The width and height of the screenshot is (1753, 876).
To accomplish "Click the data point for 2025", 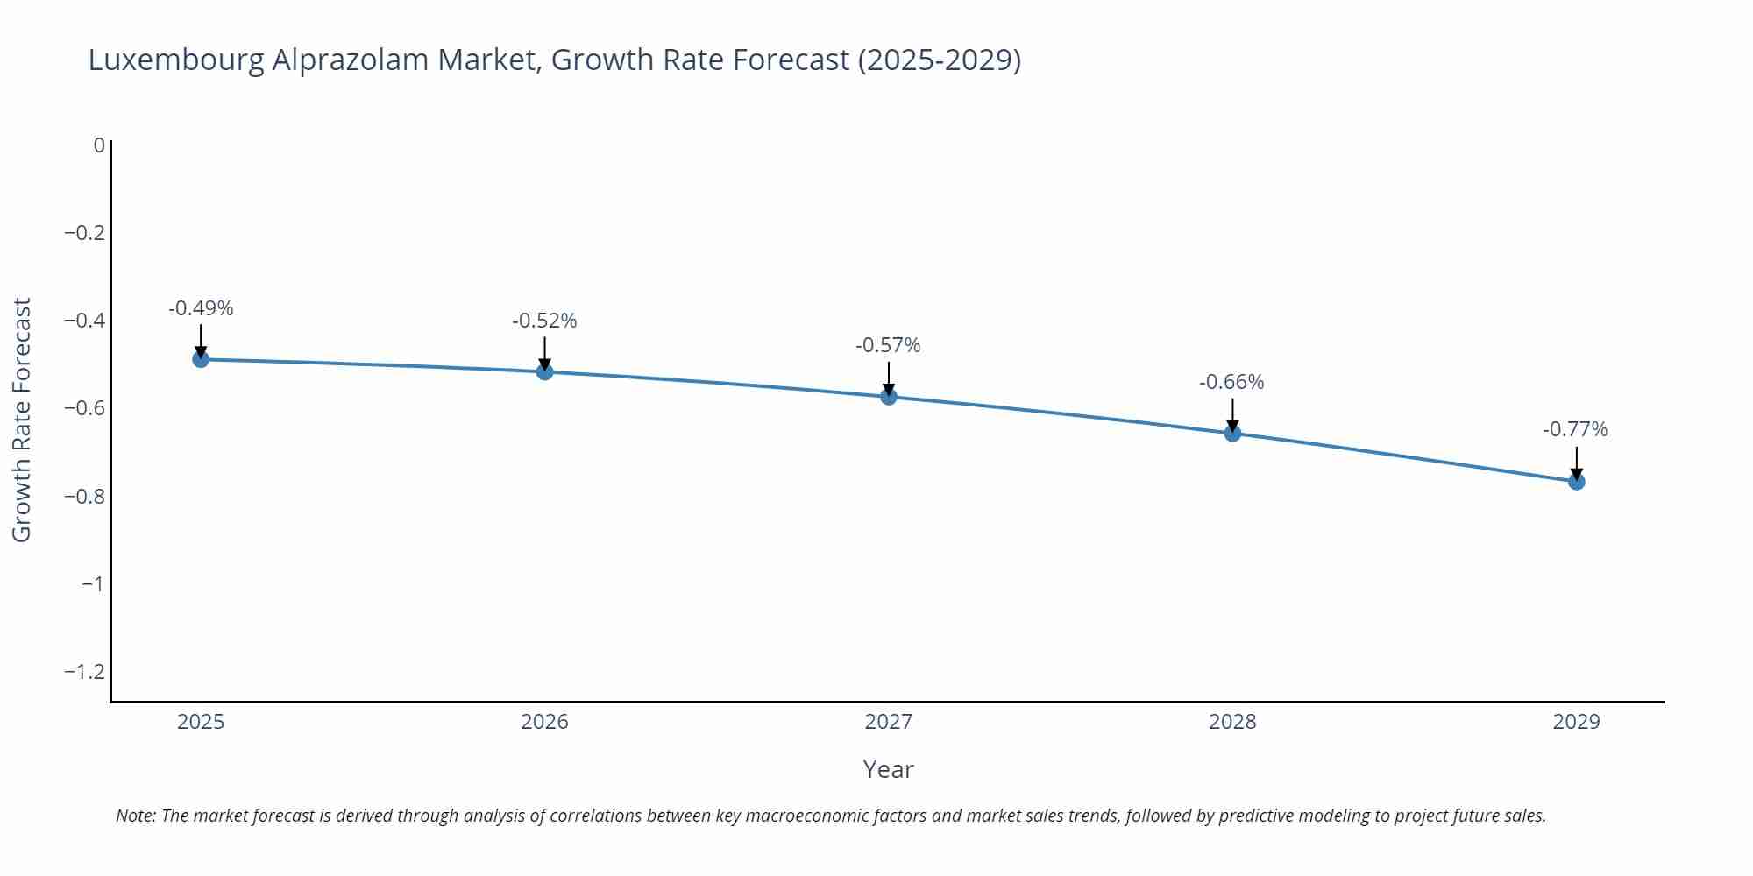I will pos(201,359).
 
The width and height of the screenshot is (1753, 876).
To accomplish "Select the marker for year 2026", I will pos(544,372).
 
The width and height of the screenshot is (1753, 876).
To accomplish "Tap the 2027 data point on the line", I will pos(889,397).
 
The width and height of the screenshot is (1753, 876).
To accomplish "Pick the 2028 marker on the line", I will pos(1232,433).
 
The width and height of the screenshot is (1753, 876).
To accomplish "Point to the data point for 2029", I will pos(1576,482).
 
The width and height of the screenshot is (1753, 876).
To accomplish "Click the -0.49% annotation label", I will pos(201,308).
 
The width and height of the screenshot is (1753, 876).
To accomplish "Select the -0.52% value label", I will pos(544,321).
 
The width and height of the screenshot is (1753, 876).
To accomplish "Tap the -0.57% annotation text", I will pos(888,345).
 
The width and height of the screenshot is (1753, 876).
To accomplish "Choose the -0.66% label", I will pos(1231,382).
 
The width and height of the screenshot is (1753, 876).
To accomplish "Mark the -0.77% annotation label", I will pos(1575,429).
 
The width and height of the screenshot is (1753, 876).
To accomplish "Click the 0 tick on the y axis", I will pos(99,145).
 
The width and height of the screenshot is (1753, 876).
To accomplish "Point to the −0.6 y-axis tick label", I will pos(84,408).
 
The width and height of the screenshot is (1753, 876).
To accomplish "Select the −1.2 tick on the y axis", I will pos(84,672).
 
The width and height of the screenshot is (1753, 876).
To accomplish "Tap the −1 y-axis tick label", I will pos(92,584).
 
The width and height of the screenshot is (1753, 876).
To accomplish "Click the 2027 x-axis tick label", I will pos(888,722).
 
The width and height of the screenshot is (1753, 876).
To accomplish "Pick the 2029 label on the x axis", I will pos(1576,722).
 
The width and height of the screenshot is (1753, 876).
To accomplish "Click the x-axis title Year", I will pos(888,769).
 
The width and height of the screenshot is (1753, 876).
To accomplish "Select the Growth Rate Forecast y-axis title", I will pos(22,420).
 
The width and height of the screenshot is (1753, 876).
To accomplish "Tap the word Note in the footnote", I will pos(135,816).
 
